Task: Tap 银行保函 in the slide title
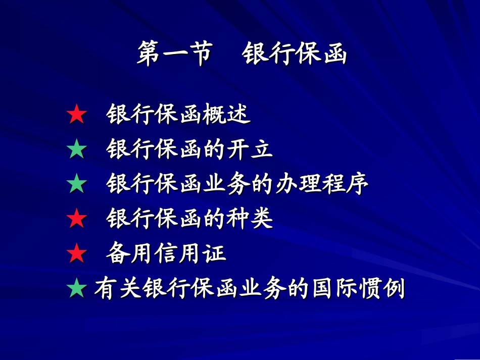295,55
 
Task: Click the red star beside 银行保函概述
77,116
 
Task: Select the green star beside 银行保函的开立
77,150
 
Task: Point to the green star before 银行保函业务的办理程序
77,185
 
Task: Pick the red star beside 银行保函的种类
77,219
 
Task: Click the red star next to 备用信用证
77,253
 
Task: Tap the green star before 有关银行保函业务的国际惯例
77,289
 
